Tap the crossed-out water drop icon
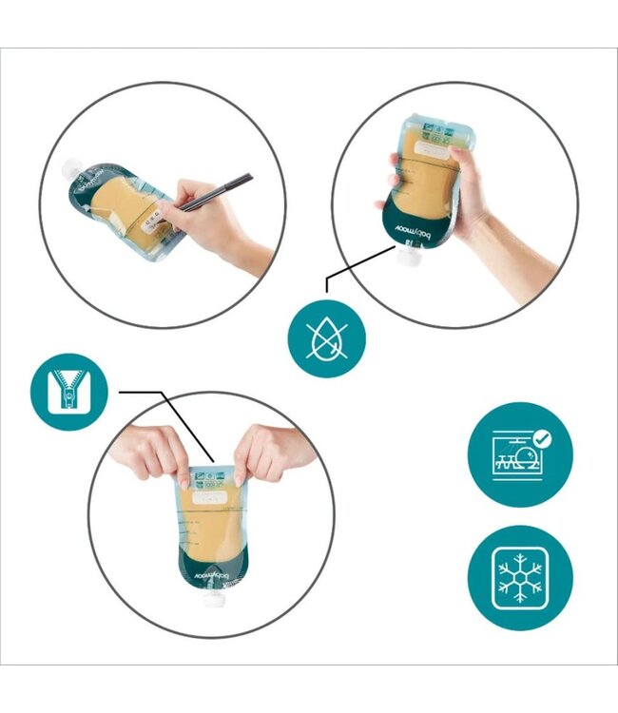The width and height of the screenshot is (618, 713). pos(327,337)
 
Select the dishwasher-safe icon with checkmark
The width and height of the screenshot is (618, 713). pos(520,454)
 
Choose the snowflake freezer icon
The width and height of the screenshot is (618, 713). pos(520,577)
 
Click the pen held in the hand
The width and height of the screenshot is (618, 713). pos(217,191)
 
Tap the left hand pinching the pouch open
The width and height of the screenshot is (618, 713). pos(152,453)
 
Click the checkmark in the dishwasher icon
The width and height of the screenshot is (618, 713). pos(541,438)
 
